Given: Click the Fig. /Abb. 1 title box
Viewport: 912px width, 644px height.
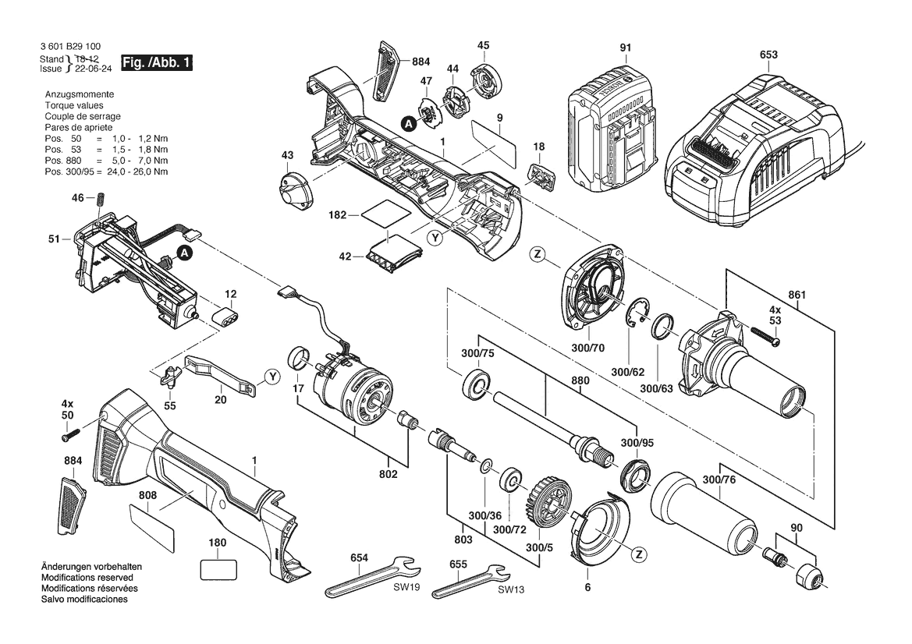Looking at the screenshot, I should pyautogui.click(x=156, y=62).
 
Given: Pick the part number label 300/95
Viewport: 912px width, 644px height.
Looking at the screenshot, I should pyautogui.click(x=638, y=443).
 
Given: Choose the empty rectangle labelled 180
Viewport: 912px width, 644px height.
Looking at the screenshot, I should pyautogui.click(x=218, y=569).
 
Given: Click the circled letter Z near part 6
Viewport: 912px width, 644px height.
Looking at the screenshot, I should pyautogui.click(x=639, y=554).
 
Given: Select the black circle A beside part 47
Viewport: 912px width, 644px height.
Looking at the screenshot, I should pyautogui.click(x=407, y=122).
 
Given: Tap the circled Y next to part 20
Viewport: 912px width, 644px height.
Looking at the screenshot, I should pyautogui.click(x=271, y=377).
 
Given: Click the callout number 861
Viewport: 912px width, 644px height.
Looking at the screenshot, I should pyautogui.click(x=797, y=295).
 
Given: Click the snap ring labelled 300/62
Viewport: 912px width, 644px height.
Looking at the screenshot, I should pyautogui.click(x=640, y=317).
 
